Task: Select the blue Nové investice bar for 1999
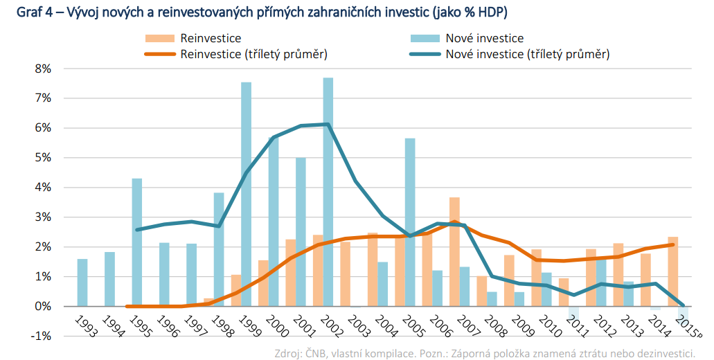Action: (246, 194)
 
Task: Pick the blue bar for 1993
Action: (82, 282)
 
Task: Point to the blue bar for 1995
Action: (137, 242)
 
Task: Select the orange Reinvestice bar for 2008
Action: (481, 291)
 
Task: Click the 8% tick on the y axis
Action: (43, 69)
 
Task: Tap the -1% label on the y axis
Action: (41, 336)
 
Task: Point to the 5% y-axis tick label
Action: (43, 158)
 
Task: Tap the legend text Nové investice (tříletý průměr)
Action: (528, 54)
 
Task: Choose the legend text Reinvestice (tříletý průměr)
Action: (253, 54)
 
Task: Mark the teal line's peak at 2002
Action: (328, 124)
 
